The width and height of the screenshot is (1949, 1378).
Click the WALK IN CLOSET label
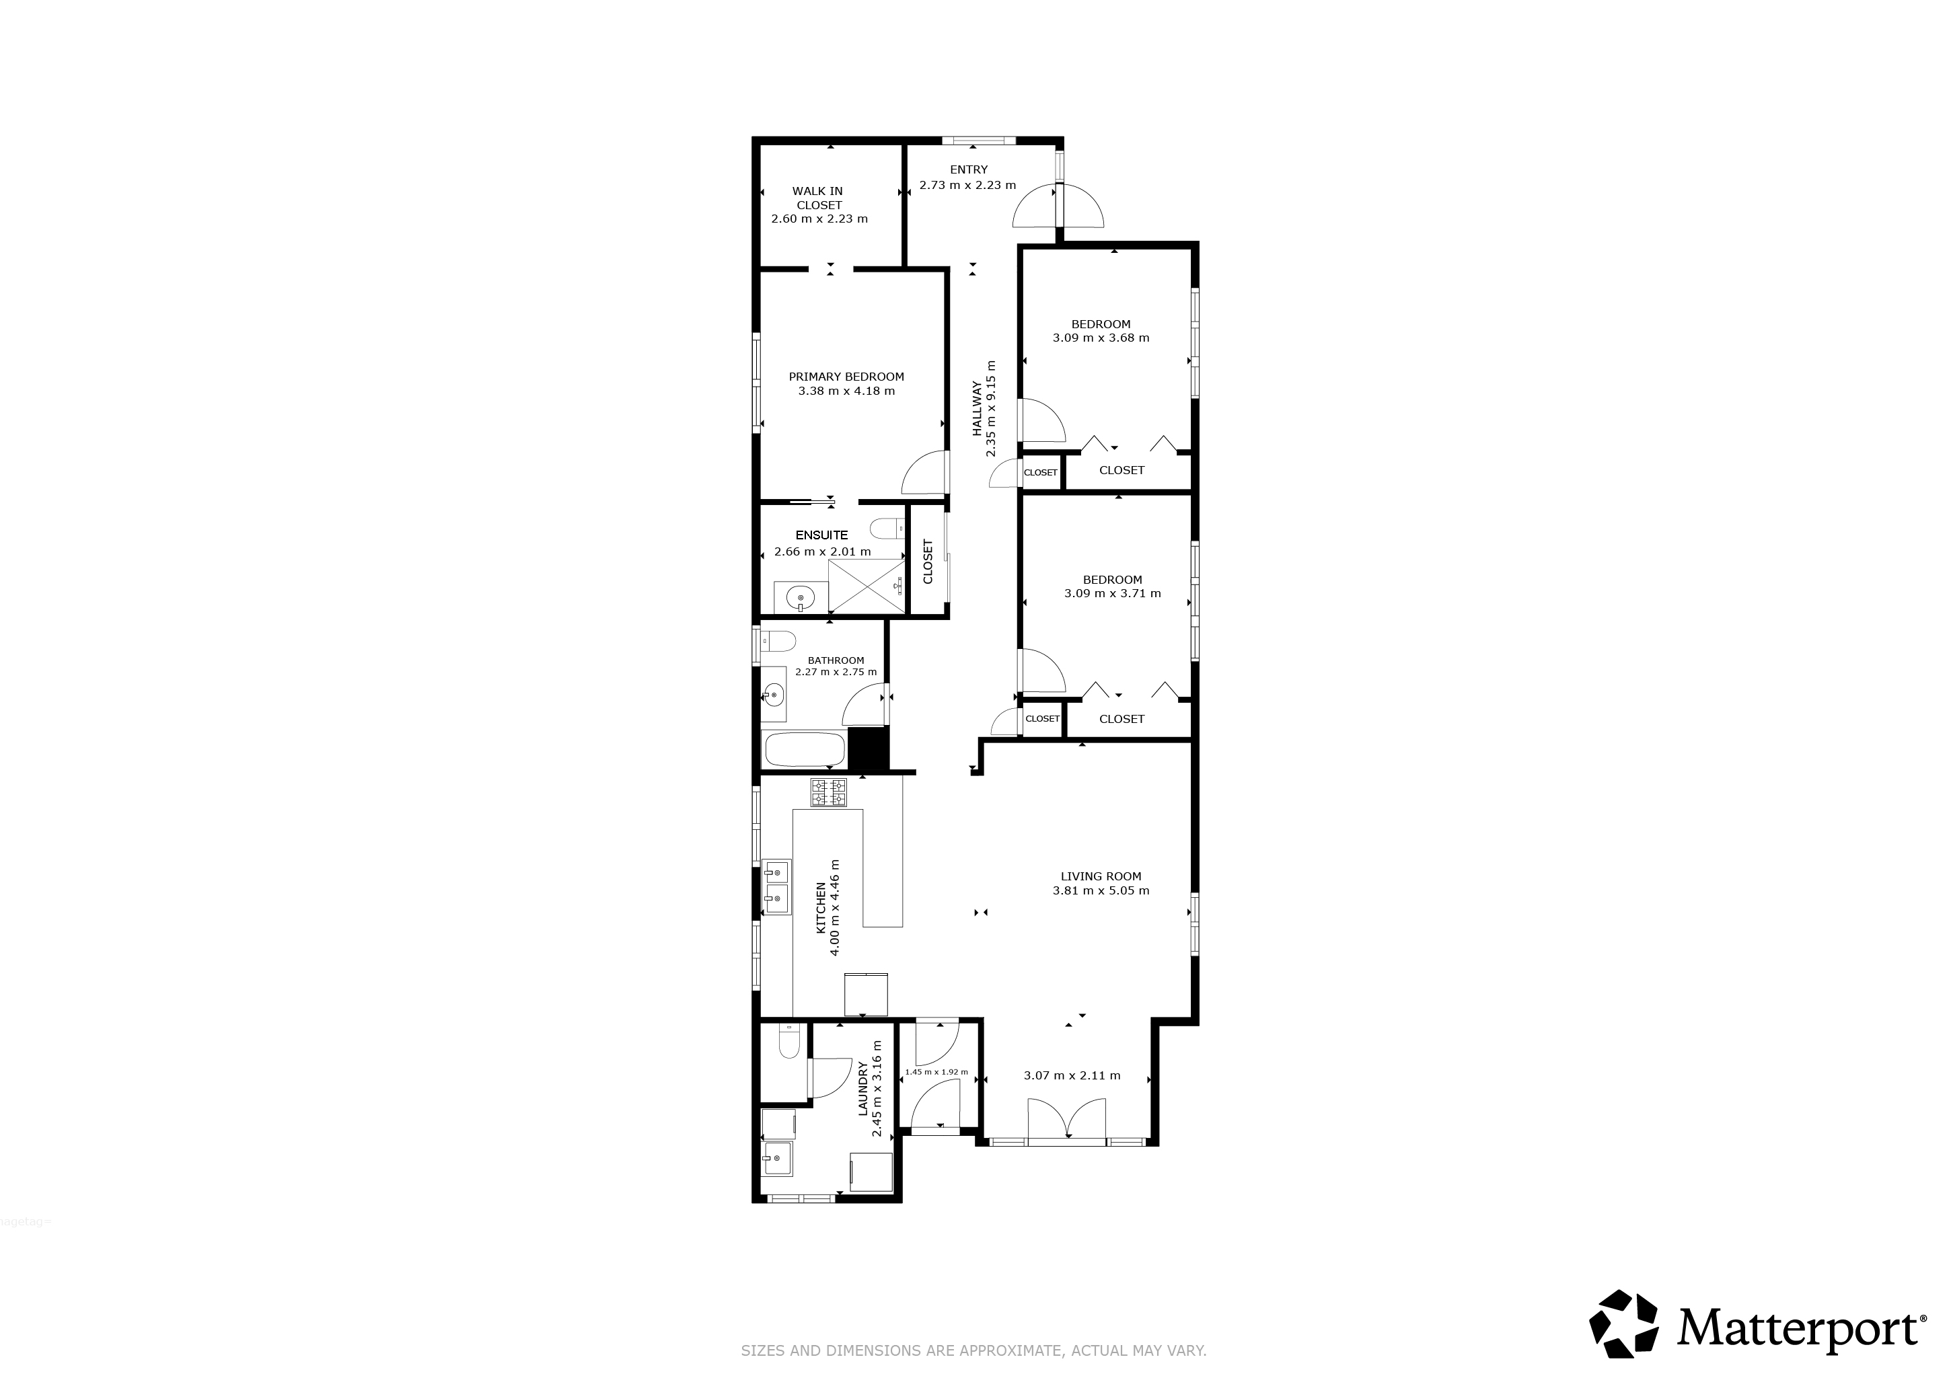(818, 198)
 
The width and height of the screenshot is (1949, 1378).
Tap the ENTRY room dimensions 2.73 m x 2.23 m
(967, 185)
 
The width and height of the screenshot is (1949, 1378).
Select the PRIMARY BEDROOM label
(846, 377)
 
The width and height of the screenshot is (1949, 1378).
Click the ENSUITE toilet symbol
(888, 529)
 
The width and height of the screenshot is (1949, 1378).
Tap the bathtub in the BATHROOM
(805, 750)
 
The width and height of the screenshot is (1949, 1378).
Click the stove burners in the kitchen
(828, 792)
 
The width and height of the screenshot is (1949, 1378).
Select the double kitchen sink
(777, 886)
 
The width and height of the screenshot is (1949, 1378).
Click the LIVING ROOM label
(1101, 876)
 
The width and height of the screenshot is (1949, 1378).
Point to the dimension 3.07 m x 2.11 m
(1072, 1076)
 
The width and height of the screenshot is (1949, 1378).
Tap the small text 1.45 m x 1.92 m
(936, 1073)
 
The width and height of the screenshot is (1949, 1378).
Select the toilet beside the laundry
(788, 1041)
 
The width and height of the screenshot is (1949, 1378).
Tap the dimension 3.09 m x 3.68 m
(1101, 338)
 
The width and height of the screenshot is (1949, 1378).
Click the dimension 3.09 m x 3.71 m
(1112, 594)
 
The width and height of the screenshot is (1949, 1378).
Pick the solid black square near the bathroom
(868, 749)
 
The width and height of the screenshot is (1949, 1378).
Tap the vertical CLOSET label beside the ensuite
(928, 561)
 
